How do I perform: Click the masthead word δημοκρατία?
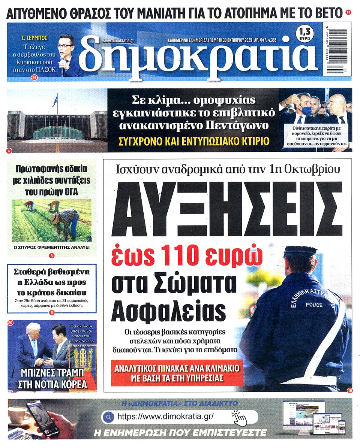(195, 54)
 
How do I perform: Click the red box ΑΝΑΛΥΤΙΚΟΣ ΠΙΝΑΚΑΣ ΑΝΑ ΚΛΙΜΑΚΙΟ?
(177, 373)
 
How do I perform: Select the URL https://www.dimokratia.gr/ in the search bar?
(165, 417)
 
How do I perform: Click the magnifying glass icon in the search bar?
(108, 417)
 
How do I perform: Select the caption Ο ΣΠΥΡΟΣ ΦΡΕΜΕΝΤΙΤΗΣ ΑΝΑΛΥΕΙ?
(51, 248)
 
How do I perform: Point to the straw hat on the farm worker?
(55, 217)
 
